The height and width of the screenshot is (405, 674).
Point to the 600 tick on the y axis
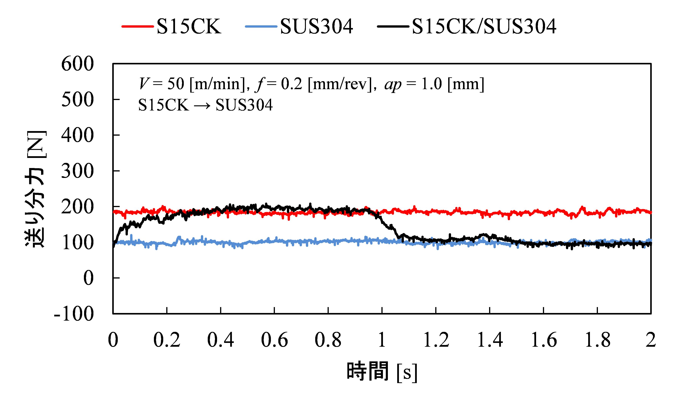click(x=78, y=64)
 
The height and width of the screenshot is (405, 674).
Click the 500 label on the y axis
click(x=78, y=100)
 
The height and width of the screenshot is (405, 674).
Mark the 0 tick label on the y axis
click(x=88, y=278)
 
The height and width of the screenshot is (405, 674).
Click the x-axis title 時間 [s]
click(x=382, y=371)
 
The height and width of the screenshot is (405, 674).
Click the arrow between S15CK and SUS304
click(x=202, y=105)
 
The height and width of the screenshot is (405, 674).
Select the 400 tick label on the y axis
click(x=78, y=136)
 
